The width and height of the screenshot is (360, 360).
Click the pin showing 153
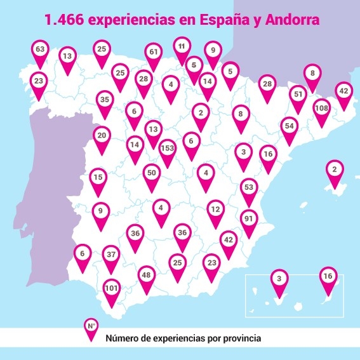[x=168, y=149]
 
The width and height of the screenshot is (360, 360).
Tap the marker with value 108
[x=322, y=109]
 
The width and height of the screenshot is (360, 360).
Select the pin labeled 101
[x=111, y=289]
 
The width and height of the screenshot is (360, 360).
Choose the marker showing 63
[x=41, y=50]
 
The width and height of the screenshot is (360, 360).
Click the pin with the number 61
[x=153, y=53]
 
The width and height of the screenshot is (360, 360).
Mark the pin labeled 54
[x=290, y=126]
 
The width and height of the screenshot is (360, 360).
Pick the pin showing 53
[x=249, y=189]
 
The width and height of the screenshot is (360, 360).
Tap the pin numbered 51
[x=298, y=95]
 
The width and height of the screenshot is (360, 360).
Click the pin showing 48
[x=147, y=276]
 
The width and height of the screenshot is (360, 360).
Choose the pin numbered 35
[x=105, y=100]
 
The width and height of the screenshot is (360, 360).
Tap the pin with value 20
[x=102, y=136]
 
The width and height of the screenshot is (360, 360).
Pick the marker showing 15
[x=98, y=178]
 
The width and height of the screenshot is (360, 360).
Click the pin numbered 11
[x=182, y=47]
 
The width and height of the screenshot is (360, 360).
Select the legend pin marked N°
[x=91, y=327]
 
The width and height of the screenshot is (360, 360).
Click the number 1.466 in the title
[x=65, y=20]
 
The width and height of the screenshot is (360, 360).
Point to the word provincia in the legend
[x=239, y=338]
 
